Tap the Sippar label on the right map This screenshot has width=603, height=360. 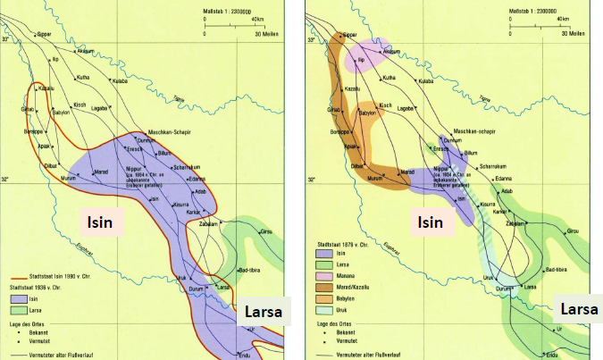[348, 34]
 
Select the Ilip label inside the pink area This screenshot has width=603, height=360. [362, 60]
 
